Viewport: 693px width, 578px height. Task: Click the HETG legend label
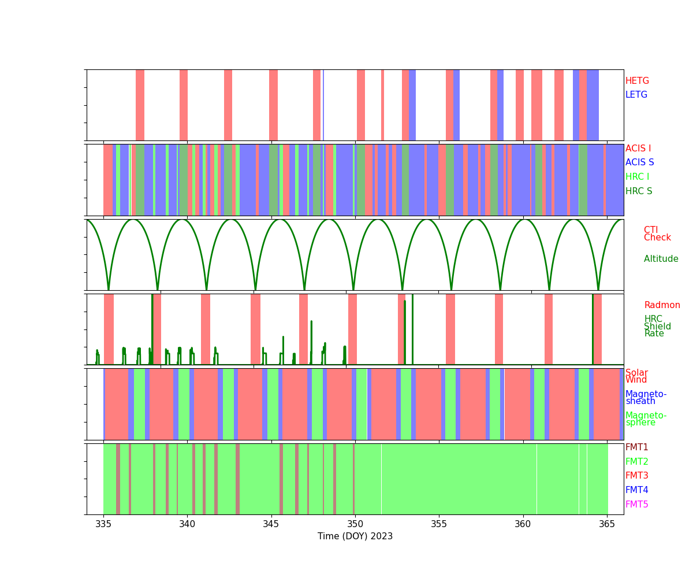[x=637, y=81]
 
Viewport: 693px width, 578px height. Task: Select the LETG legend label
[x=636, y=95]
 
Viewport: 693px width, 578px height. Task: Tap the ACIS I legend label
[x=638, y=149]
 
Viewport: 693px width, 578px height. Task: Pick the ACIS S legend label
[x=639, y=162]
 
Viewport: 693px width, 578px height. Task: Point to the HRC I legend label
[x=637, y=177]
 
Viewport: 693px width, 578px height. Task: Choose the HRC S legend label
[x=638, y=191]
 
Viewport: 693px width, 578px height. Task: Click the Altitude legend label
[x=661, y=259]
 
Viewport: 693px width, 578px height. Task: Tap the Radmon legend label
[x=662, y=305]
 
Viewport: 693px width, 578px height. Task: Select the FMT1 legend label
[x=636, y=447]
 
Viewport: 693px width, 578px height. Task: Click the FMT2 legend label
[x=636, y=462]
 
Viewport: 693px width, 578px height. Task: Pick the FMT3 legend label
[x=636, y=476]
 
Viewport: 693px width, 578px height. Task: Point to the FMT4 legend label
[x=636, y=490]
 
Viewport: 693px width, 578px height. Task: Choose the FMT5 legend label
[x=636, y=505]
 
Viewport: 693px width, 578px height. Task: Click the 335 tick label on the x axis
[x=103, y=524]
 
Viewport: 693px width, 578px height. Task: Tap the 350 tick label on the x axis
[x=355, y=524]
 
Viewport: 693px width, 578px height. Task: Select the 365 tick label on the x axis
[x=607, y=524]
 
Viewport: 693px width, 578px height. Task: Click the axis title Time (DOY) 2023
[x=355, y=536]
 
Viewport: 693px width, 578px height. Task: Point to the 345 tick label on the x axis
[x=271, y=524]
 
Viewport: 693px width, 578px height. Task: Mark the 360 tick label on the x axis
[x=523, y=524]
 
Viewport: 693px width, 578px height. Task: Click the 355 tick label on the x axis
[x=439, y=524]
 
